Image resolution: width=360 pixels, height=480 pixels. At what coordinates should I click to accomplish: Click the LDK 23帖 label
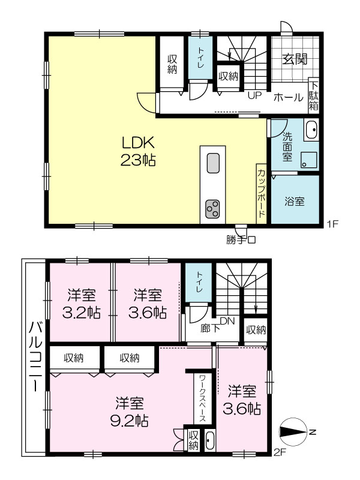click(138, 151)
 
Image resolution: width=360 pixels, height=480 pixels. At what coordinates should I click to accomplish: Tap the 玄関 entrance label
click(295, 58)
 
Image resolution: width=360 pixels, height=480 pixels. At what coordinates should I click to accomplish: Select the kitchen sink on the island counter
click(213, 163)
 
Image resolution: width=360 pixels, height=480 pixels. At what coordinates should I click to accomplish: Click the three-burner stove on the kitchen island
click(213, 209)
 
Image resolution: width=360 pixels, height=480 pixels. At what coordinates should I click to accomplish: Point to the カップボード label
click(262, 193)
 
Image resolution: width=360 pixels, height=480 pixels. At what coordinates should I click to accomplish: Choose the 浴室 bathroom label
click(295, 202)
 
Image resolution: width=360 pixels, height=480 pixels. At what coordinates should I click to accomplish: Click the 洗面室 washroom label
click(287, 146)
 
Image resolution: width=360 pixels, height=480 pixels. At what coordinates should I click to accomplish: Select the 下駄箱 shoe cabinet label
click(313, 96)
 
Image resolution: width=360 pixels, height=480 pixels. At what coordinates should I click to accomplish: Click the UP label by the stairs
click(254, 95)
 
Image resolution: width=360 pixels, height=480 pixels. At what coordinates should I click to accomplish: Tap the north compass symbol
click(295, 432)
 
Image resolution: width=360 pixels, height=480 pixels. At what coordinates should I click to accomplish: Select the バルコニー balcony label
click(35, 356)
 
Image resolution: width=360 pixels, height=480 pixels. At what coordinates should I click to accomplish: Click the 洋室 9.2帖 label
click(129, 412)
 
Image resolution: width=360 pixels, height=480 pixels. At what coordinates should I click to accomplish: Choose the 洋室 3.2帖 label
click(82, 304)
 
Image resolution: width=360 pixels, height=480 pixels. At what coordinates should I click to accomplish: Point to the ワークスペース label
click(202, 398)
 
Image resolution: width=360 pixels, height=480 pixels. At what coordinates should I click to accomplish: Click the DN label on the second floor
click(227, 321)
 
